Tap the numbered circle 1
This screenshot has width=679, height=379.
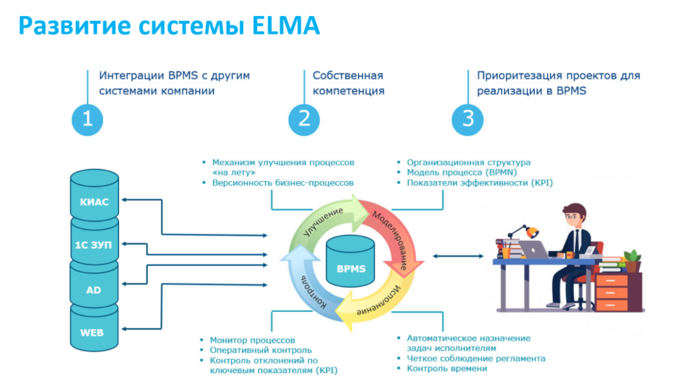click(x=87, y=119)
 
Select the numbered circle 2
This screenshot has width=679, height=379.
click(x=304, y=119)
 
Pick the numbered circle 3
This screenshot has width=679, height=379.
click(x=468, y=119)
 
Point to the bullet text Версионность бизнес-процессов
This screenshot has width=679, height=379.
click(x=282, y=182)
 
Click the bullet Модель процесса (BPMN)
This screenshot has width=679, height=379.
click(x=461, y=172)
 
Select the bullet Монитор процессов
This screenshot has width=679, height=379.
click(x=253, y=340)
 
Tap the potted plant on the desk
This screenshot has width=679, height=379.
click(x=632, y=259)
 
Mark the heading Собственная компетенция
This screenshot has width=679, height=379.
click(x=348, y=83)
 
